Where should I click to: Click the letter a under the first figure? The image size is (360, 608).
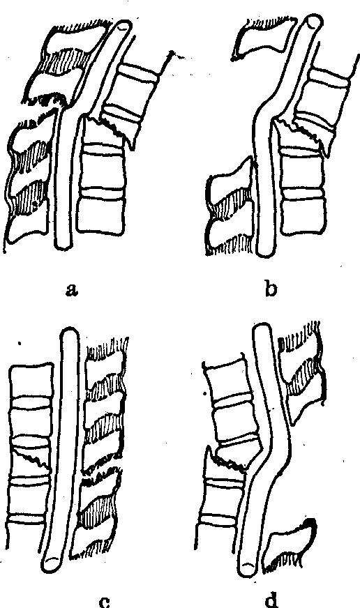click(70, 289)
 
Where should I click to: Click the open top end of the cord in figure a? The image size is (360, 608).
click(124, 26)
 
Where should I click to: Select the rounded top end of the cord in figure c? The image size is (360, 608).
click(70, 333)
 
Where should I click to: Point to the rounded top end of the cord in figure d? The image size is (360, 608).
click(262, 330)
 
